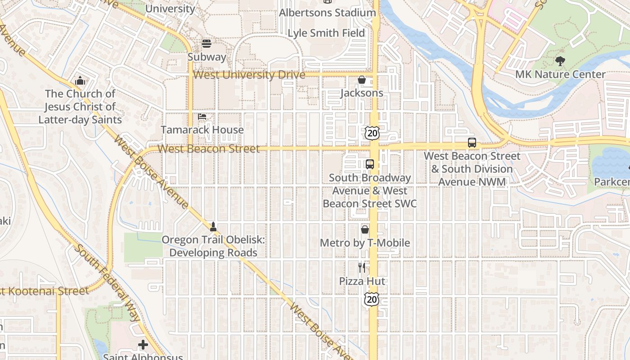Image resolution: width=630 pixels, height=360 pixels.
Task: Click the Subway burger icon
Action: (x=207, y=44)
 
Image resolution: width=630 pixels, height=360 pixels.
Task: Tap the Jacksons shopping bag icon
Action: (x=361, y=80)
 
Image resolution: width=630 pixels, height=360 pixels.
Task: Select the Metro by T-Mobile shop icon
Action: (x=365, y=229)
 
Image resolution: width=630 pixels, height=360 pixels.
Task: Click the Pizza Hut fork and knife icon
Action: (x=362, y=268)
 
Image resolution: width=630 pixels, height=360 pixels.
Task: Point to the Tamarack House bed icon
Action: (x=202, y=117)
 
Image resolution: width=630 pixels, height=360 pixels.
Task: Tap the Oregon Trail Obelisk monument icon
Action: (x=213, y=226)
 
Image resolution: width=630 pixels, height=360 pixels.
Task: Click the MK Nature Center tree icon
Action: (x=560, y=61)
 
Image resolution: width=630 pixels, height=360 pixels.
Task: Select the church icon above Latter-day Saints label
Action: (x=80, y=81)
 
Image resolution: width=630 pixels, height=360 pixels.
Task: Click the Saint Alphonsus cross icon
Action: (x=143, y=345)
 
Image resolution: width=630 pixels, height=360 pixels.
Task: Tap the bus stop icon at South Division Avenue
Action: (x=472, y=143)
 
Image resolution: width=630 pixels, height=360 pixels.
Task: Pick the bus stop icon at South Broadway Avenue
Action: (x=369, y=164)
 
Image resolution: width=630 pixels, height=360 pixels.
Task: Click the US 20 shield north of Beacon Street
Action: (x=372, y=132)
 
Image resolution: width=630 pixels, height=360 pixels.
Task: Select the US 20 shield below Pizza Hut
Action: (x=372, y=299)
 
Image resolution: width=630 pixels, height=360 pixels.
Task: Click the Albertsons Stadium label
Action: (x=327, y=13)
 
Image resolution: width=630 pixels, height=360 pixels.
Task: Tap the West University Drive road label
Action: (x=249, y=75)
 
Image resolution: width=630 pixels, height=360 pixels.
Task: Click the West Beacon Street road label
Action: (x=209, y=148)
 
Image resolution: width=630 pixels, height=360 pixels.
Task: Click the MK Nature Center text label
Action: (x=560, y=74)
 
